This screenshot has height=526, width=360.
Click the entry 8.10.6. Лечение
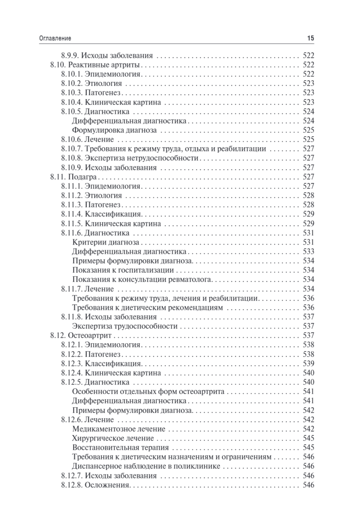[x=87, y=139]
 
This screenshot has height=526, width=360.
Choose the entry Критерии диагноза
[x=106, y=242]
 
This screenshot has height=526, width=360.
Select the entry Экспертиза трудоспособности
[x=125, y=326]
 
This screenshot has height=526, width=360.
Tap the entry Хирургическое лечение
[x=113, y=438]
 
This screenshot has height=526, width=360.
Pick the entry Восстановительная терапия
[x=120, y=448]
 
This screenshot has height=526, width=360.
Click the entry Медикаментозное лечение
[x=119, y=429]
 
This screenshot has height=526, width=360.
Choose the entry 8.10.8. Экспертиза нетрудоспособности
[x=120, y=158]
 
